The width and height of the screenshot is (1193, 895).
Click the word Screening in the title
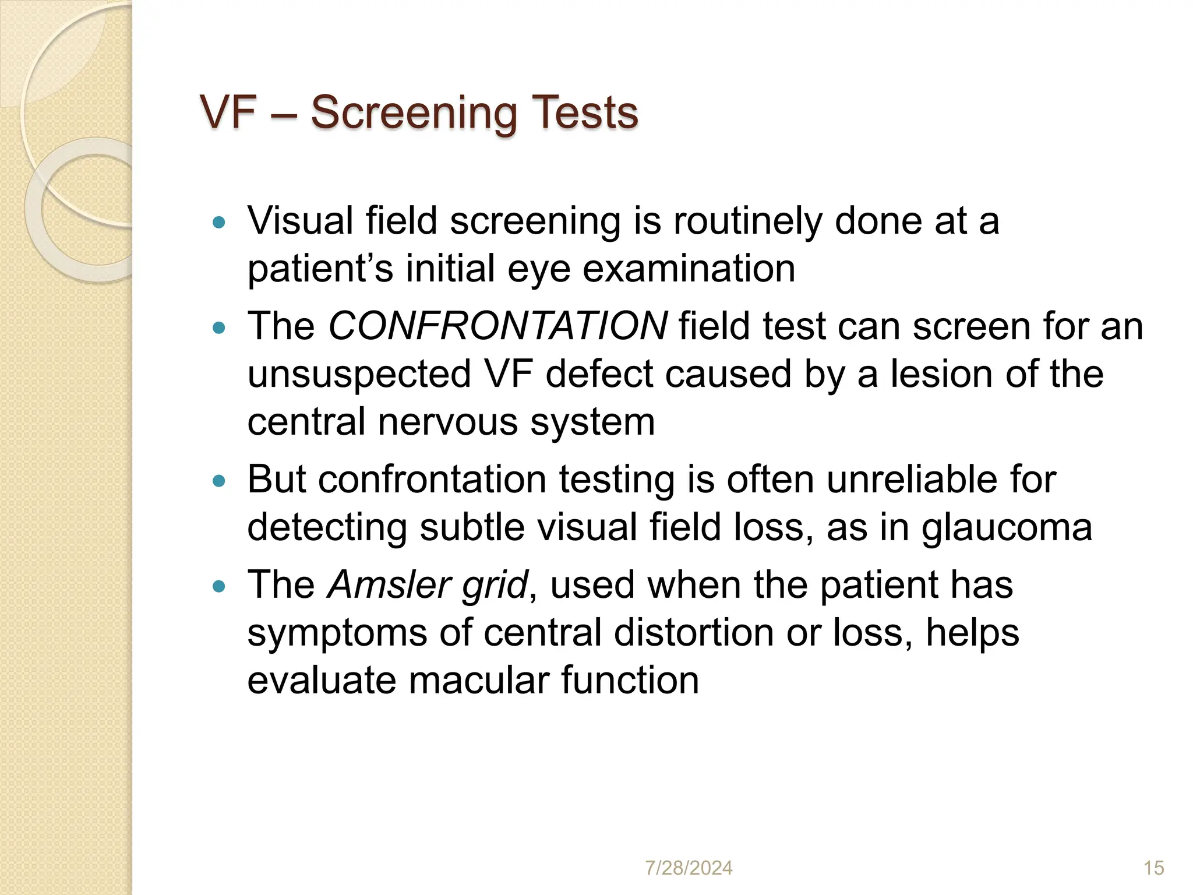click(x=414, y=112)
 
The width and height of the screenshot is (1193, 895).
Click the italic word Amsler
click(x=388, y=585)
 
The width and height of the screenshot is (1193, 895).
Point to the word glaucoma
click(x=1006, y=527)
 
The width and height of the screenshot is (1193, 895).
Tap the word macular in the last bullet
click(x=478, y=681)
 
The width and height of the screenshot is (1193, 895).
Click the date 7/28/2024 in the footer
click(x=689, y=868)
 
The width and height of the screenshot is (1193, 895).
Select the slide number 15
click(x=1153, y=868)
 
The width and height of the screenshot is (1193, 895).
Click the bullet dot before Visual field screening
click(x=219, y=222)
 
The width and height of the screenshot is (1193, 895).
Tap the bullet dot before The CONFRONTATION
click(x=219, y=328)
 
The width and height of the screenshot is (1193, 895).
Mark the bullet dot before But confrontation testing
click(x=219, y=481)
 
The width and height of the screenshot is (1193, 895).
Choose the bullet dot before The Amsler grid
click(x=219, y=587)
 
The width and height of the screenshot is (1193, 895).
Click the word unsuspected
click(x=359, y=374)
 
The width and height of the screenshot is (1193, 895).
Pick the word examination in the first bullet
click(x=689, y=269)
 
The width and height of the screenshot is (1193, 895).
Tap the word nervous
click(x=447, y=422)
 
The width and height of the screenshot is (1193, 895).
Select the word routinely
click(x=747, y=221)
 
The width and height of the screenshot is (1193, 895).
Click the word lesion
click(x=942, y=374)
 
